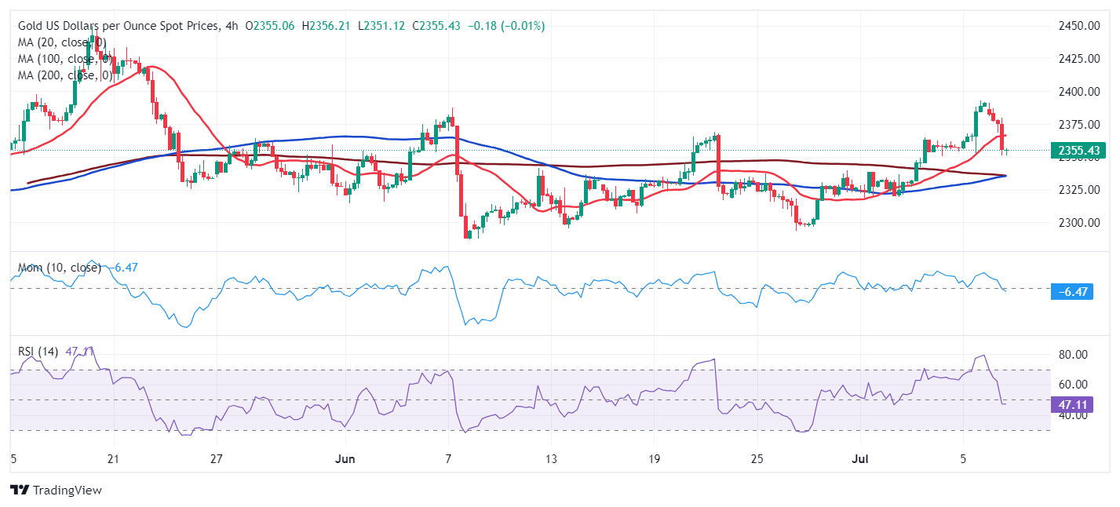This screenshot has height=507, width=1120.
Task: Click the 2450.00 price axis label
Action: click(1077, 26)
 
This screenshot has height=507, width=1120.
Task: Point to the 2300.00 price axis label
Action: click(1077, 222)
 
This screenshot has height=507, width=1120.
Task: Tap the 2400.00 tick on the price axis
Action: click(1077, 92)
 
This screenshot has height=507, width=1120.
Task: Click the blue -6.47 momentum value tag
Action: click(1071, 292)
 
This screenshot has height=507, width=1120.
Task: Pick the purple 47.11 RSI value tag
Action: click(1071, 404)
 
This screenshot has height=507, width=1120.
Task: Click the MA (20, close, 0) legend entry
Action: click(62, 42)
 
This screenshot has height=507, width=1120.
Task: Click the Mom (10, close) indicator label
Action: click(59, 268)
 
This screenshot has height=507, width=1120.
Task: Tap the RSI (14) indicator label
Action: click(38, 352)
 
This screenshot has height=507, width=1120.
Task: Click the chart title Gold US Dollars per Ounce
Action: click(118, 26)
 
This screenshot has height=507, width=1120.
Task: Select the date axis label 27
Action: click(217, 458)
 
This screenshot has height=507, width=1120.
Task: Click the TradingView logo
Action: click(56, 490)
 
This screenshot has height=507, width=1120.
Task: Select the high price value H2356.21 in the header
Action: click(329, 26)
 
